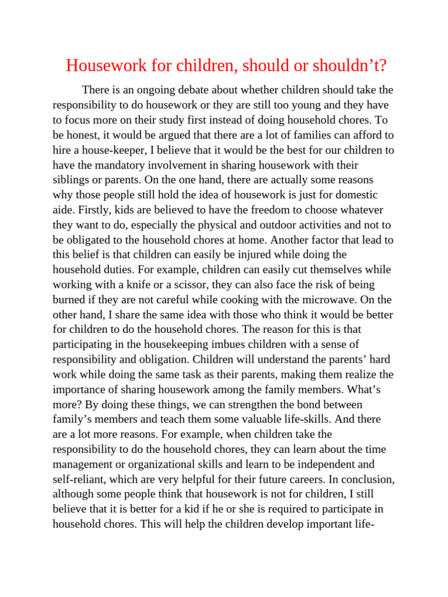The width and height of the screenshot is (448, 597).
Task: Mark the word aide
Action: tap(64, 210)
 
